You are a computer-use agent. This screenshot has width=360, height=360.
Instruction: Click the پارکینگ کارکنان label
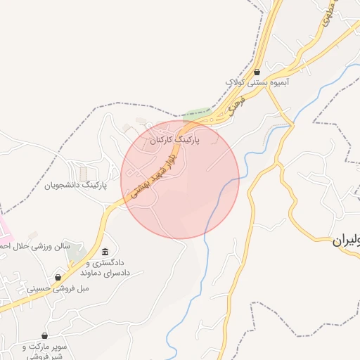point(175,141)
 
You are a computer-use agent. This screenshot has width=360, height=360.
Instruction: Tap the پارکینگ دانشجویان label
point(75,185)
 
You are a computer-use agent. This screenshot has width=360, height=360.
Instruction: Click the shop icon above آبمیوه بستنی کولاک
point(257,72)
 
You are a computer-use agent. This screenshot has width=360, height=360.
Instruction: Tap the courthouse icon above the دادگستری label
point(105,252)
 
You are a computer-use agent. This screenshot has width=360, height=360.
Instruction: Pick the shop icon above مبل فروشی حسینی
point(58,277)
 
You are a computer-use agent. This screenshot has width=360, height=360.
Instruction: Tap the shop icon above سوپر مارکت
point(46,336)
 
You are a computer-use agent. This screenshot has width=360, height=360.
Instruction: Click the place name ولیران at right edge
point(346,240)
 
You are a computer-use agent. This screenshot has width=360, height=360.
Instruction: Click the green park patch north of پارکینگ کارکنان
point(198,114)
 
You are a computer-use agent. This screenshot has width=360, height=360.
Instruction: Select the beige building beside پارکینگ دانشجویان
point(84,172)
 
